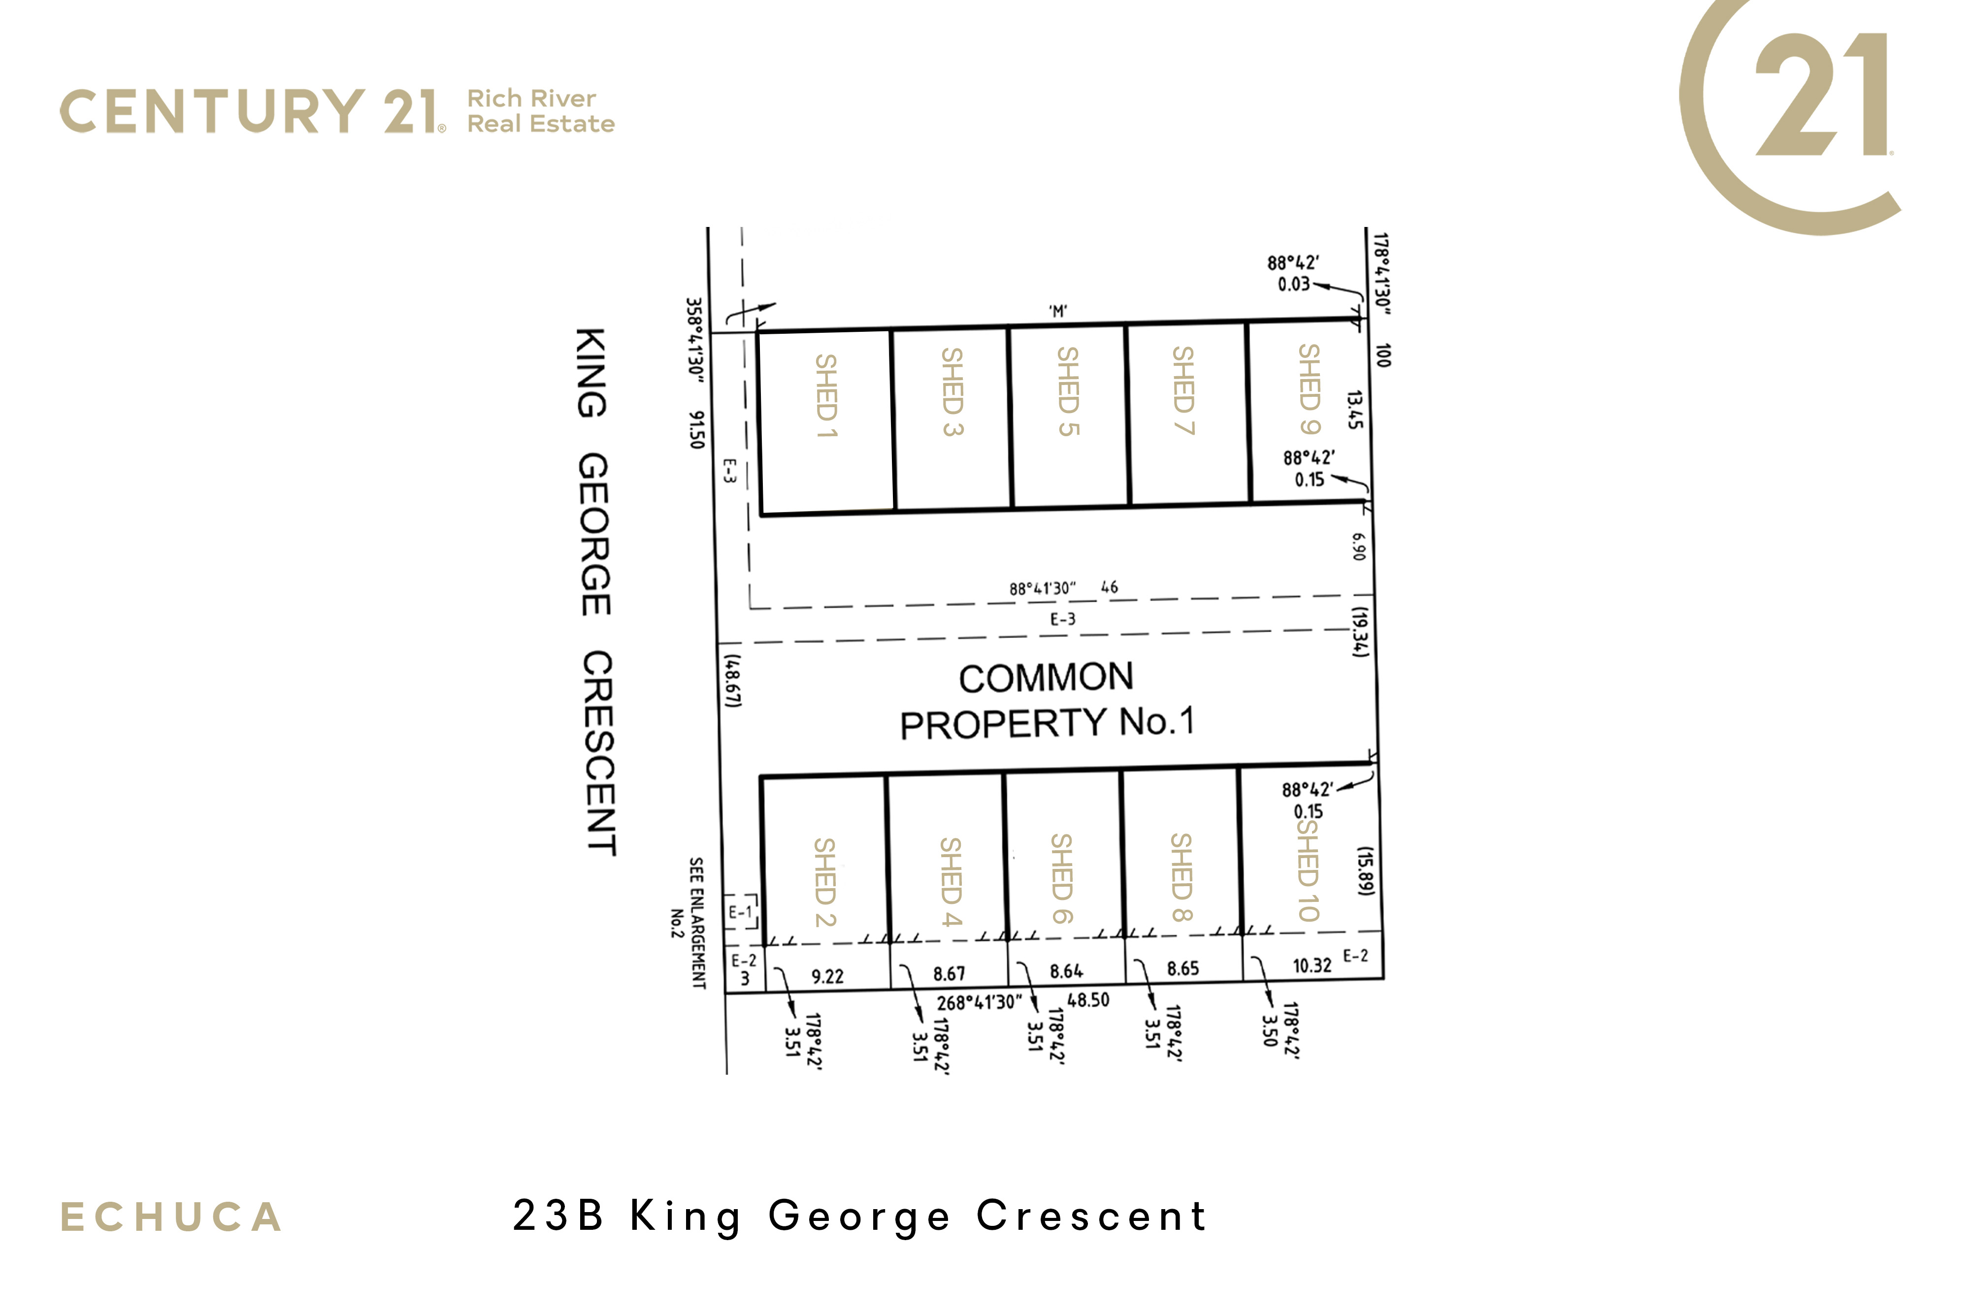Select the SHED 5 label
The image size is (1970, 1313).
(x=1068, y=391)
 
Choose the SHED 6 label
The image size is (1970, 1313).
(x=1061, y=878)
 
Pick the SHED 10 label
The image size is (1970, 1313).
(x=1308, y=869)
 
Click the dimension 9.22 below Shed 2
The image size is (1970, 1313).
(x=827, y=976)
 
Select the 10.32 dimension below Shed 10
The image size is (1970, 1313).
(x=1312, y=965)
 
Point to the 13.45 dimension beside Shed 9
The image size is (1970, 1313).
(x=1354, y=410)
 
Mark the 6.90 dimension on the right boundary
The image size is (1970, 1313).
(x=1359, y=547)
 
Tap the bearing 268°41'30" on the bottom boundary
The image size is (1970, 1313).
(x=979, y=1002)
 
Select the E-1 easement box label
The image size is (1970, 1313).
(x=740, y=912)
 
